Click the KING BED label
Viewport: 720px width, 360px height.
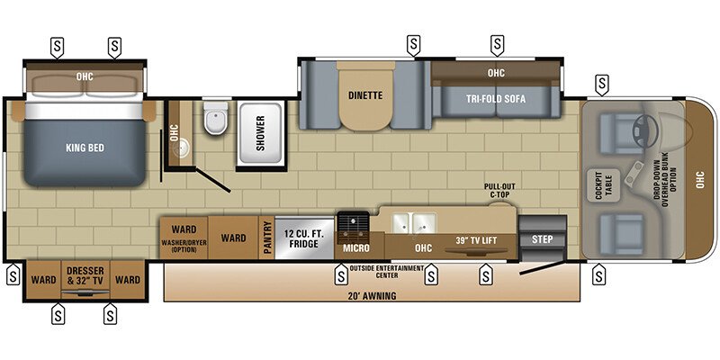80,148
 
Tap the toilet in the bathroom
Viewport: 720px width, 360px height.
214,123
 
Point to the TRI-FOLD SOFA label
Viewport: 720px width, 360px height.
495,98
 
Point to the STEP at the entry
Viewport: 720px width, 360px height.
543,239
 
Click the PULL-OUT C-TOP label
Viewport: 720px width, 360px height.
499,191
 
